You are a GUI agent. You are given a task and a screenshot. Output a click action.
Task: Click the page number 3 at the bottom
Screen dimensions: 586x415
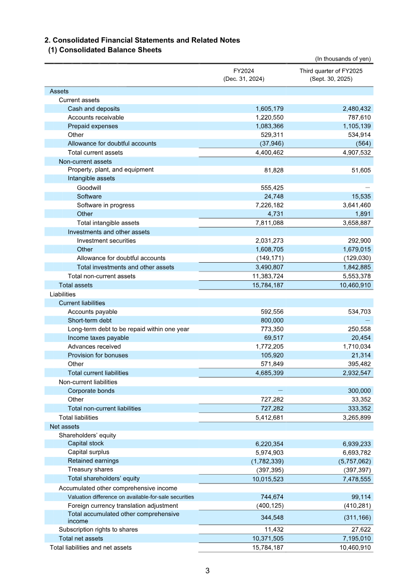207,571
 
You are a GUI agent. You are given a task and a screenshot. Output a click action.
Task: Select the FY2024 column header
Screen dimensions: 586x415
244,70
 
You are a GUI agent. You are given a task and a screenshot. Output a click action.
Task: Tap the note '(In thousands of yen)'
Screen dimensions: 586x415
343,59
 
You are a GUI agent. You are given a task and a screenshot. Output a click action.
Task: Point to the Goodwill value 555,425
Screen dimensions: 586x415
269,188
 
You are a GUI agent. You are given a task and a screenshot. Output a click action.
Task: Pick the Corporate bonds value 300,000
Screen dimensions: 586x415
357,391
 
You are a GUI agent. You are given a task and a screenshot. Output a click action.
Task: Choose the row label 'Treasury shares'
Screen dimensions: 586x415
90,469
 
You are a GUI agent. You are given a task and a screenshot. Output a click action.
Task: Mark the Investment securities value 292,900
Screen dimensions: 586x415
358,240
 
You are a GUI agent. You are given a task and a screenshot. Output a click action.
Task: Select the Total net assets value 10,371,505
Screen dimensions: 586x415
267,538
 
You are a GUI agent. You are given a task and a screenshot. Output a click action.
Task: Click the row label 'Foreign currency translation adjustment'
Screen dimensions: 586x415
123,505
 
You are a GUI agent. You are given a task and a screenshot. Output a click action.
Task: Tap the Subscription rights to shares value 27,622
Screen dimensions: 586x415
360,530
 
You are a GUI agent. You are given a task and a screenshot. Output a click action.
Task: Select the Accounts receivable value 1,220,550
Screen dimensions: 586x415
268,118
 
